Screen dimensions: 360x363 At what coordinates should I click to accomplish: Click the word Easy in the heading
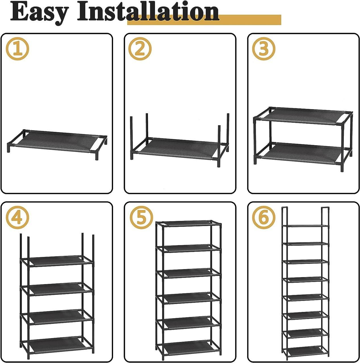39,13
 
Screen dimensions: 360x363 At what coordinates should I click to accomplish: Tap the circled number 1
17,49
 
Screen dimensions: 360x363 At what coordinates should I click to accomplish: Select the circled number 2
140,49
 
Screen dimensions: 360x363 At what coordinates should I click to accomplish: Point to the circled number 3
263,49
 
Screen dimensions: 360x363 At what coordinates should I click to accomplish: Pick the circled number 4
17,218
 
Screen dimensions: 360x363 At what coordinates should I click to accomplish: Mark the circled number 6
263,218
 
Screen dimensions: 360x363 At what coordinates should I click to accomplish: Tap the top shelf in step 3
303,116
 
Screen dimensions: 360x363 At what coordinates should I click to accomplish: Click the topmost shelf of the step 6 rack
305,225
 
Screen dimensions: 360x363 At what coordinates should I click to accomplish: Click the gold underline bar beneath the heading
204,20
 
